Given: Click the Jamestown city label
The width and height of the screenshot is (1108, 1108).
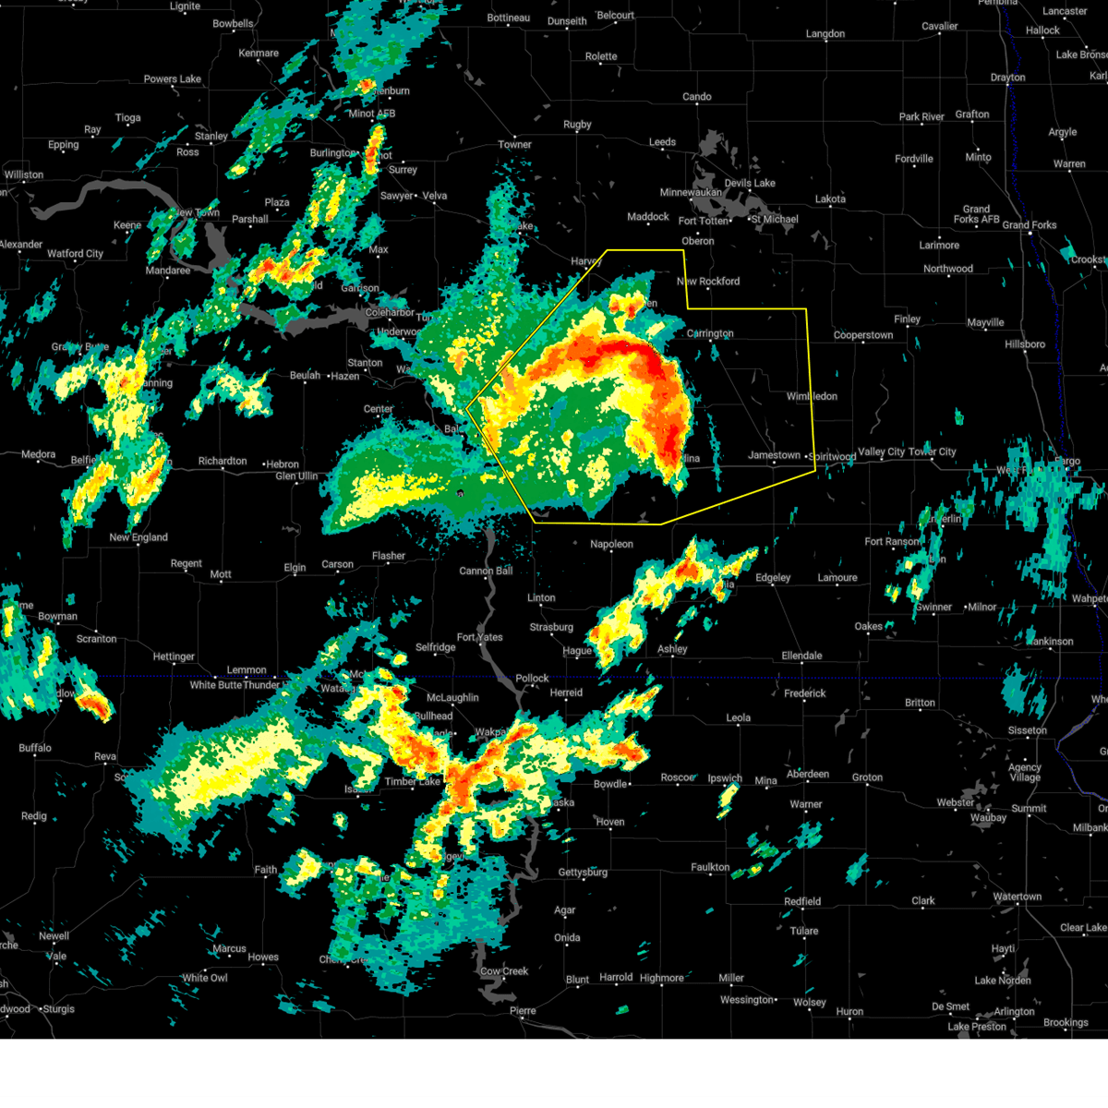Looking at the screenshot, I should point(773,455).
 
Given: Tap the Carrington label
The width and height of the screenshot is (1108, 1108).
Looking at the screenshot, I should point(710,333).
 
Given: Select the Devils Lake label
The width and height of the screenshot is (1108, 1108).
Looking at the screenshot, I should point(749,183).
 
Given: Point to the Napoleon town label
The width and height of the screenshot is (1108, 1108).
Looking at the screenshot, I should point(611,545).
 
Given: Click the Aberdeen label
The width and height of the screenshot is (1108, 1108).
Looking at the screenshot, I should point(807,774).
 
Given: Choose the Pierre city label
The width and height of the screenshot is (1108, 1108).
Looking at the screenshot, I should point(523,1011).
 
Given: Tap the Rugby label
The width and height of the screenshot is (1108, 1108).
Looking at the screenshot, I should point(577,125).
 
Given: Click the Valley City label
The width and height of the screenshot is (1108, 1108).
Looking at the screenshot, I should point(883,452).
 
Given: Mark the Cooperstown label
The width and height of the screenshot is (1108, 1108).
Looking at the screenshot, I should point(863,335).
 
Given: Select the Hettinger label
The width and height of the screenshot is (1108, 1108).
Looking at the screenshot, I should point(174,656).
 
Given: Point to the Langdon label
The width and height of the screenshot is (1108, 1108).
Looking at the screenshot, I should point(825,34).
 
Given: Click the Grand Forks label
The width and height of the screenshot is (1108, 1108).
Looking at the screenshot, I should point(1029,225).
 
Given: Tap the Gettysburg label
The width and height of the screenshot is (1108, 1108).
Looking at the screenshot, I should point(583,873).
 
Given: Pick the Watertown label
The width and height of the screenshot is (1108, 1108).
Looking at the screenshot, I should point(1017,897).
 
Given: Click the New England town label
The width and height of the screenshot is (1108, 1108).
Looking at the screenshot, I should point(138,537).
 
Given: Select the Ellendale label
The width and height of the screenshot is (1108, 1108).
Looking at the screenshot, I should point(801,656).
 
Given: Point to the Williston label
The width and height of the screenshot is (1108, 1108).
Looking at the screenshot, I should point(23,175).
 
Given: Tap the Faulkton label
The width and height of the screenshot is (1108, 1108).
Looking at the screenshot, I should point(710,867).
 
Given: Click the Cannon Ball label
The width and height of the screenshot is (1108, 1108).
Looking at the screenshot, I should point(486,571).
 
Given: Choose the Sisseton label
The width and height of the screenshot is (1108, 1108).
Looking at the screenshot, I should point(1027,730).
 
